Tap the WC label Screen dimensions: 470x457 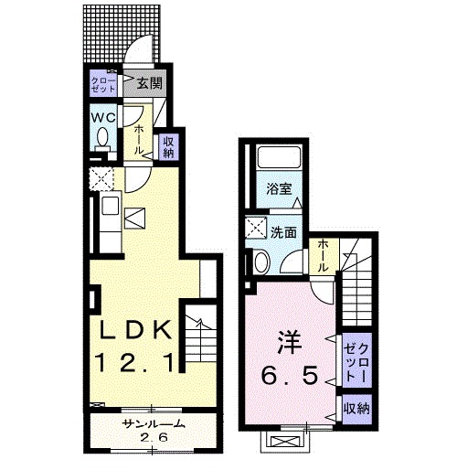[x=102, y=118]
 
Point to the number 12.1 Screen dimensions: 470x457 [x=136, y=363]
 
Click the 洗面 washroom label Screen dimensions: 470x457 [x=284, y=232]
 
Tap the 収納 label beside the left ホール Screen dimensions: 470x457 [x=168, y=147]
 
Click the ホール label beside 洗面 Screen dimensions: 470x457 [x=324, y=255]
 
